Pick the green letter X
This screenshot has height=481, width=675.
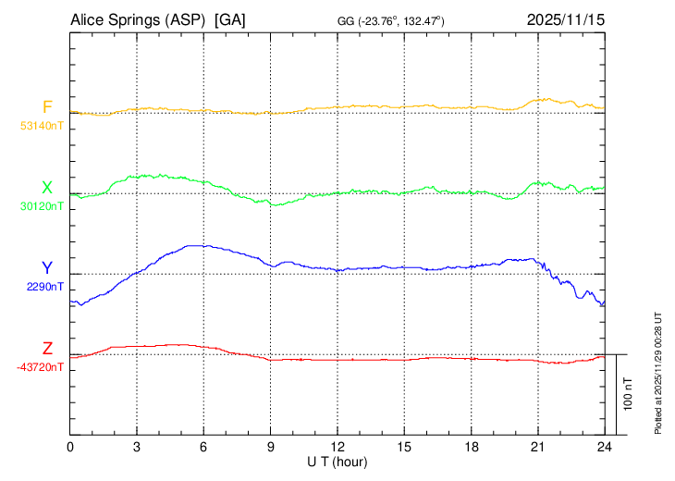tap(47, 188)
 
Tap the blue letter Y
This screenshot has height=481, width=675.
tap(47, 268)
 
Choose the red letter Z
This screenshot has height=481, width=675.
tap(47, 349)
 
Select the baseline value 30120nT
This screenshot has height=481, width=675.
tap(42, 206)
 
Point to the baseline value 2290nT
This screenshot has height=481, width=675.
tap(45, 287)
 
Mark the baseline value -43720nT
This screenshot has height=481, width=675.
tap(41, 367)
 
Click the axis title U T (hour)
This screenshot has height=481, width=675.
tap(337, 461)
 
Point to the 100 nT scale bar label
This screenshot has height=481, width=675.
tap(628, 394)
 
